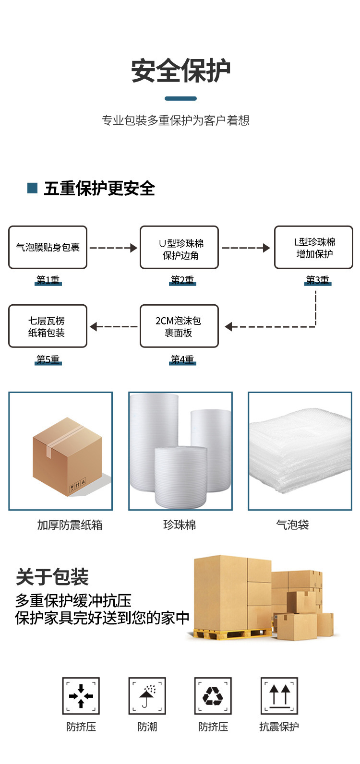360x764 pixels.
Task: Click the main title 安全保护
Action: click(x=180, y=72)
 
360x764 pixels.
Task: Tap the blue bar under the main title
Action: click(x=180, y=98)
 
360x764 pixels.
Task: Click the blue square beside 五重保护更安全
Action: click(x=32, y=188)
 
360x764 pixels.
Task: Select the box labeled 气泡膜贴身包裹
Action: click(x=48, y=248)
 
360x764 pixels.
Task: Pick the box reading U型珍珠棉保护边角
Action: click(x=179, y=248)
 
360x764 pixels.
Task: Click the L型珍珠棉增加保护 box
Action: click(x=313, y=248)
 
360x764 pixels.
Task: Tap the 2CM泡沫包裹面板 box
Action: click(x=179, y=326)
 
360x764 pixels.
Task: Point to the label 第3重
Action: click(x=318, y=280)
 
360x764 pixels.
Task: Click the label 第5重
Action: click(x=48, y=359)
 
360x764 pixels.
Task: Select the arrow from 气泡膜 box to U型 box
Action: click(x=113, y=248)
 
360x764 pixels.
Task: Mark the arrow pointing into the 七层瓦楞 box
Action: click(x=113, y=327)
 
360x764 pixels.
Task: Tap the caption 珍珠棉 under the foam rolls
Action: click(x=180, y=525)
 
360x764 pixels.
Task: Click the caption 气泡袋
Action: click(x=292, y=525)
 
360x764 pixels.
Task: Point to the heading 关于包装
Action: click(x=52, y=577)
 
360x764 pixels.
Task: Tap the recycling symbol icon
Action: click(x=213, y=696)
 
